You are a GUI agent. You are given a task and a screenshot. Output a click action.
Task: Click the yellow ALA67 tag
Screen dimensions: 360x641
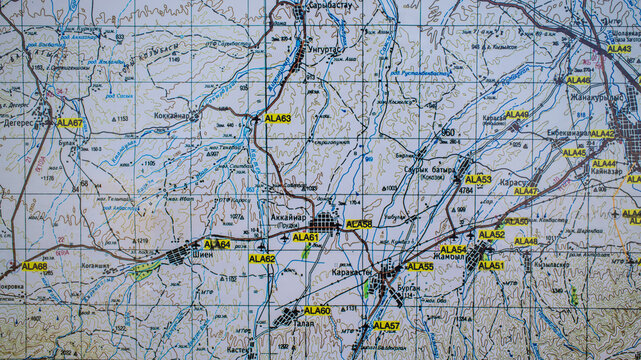[70, 122]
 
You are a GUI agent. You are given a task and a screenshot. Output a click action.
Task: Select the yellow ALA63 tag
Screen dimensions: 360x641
[278, 118]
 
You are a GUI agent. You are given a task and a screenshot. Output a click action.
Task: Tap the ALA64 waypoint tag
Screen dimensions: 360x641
[217, 244]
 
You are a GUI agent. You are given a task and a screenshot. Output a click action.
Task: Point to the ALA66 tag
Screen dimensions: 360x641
[34, 267]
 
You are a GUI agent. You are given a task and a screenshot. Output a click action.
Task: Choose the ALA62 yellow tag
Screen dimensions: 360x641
[262, 258]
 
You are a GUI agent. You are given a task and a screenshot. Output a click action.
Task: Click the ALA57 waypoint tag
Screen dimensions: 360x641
[386, 326]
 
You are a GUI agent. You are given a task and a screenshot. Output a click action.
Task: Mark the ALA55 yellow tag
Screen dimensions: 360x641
[421, 267]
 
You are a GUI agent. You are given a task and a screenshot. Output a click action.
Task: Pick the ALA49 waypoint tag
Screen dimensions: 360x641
[516, 115]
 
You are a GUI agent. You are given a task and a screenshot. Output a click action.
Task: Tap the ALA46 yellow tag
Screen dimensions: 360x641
[578, 80]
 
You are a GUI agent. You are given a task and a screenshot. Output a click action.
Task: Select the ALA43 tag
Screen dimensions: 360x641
[619, 48]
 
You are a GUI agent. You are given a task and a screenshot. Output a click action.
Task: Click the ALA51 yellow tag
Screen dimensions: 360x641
[491, 266]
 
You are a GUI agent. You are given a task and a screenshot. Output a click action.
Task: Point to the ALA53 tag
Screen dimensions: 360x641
[478, 180]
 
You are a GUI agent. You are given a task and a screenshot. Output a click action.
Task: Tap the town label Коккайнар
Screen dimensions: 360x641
[171, 116]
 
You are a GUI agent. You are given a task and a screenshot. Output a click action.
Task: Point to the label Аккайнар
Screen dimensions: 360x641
[289, 217]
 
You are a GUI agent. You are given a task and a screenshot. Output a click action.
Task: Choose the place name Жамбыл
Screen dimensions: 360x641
[450, 257]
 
